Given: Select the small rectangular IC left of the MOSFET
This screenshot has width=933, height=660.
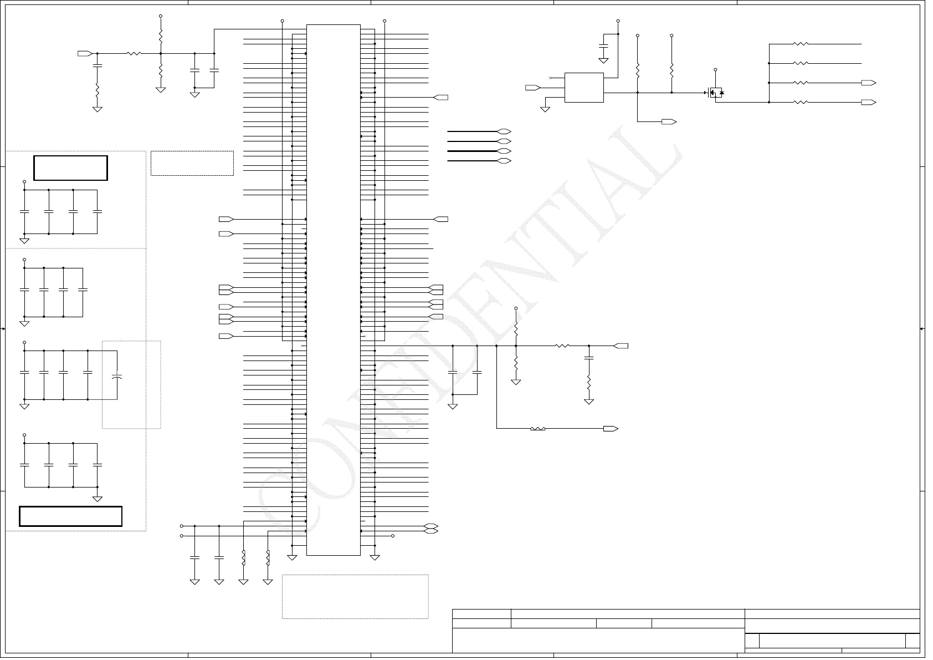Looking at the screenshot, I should pos(584,88).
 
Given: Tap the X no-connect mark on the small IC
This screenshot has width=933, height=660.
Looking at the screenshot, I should pos(550,78).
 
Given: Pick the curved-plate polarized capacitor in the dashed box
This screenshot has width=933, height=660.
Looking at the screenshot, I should pos(117,376).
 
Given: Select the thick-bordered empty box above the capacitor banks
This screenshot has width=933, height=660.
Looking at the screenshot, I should pos(70,168).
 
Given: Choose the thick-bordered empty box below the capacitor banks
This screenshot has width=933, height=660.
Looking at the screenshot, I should pos(70,516).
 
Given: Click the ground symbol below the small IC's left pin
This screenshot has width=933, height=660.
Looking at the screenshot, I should pos(545,109).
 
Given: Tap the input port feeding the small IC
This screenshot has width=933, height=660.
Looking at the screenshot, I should pos(532,88).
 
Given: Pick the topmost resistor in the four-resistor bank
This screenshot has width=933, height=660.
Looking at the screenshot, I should pos(801,44).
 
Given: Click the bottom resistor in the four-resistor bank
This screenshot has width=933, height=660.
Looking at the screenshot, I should pos(801,102).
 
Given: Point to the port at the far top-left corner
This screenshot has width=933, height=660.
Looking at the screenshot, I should pos(85,54).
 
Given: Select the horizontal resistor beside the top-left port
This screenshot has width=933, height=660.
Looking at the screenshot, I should pos(134,54).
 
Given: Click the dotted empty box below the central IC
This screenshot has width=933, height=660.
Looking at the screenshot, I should pos(355,596).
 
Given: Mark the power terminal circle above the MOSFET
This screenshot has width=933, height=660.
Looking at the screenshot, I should pos(715,70).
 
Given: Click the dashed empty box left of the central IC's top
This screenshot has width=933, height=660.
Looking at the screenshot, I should pos(192,163).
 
